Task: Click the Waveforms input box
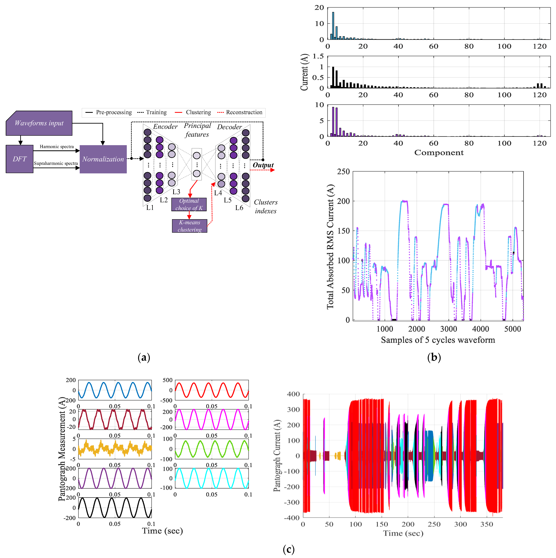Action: pyautogui.click(x=39, y=123)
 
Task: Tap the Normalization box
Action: pyautogui.click(x=103, y=159)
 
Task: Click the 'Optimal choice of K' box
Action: pyautogui.click(x=189, y=204)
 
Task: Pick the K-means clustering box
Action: pyautogui.click(x=190, y=226)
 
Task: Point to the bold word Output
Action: pyautogui.click(x=263, y=165)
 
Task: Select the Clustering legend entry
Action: pyautogui.click(x=198, y=112)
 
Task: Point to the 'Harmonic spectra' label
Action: pyautogui.click(x=57, y=147)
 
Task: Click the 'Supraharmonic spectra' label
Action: pyautogui.click(x=56, y=164)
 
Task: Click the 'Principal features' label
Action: pyautogui.click(x=197, y=130)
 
